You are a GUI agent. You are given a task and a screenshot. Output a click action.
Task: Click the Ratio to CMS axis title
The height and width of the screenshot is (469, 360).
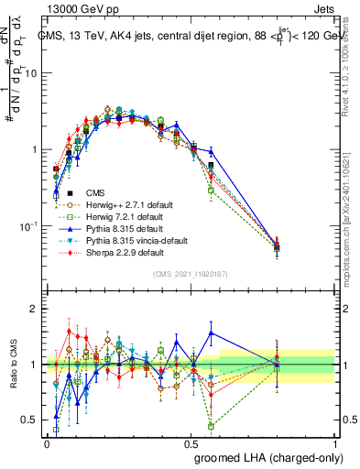[12, 365]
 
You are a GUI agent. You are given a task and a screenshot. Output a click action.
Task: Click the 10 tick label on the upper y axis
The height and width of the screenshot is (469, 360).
[29, 73]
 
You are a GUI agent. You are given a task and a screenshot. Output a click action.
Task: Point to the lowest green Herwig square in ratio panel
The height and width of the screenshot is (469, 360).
[212, 426]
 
